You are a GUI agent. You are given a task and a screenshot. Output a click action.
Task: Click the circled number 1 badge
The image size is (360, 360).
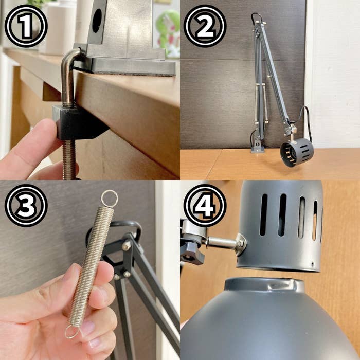pos(26,26)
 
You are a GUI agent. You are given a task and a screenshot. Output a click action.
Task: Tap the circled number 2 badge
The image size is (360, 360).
pos(205,26)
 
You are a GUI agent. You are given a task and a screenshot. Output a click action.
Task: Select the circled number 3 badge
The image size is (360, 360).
pos(26,205)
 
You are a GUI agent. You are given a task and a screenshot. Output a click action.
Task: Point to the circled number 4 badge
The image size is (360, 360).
pos(205,205)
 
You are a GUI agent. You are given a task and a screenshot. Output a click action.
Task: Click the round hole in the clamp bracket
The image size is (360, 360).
pos(97,21)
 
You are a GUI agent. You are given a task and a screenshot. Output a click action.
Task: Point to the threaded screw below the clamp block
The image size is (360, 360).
pos(69,159)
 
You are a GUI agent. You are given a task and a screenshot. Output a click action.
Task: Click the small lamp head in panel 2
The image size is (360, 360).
pos(297,152)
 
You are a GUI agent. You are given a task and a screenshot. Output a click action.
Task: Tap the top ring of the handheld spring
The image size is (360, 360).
pos(109,199)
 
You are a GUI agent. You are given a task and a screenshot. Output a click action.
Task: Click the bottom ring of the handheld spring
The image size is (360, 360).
pos(72,331)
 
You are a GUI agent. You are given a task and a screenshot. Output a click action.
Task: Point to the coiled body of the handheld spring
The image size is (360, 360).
pos(91,266)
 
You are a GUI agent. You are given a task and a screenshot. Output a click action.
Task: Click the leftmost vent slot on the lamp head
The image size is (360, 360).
pos(263,214)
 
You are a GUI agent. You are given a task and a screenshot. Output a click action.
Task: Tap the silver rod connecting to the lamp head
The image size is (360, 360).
pos(222,242)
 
